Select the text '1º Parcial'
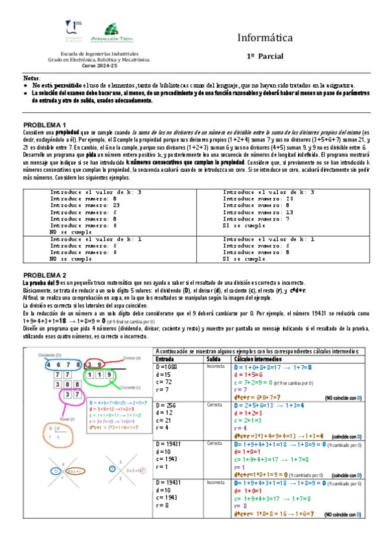tap(265, 57)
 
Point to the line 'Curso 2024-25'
tap(100, 66)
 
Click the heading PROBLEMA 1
tap(45, 125)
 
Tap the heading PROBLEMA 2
tap(45, 275)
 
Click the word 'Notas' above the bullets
tap(31, 78)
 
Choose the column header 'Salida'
tap(214, 358)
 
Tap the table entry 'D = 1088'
tap(170, 366)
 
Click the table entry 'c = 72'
tap(165, 382)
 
